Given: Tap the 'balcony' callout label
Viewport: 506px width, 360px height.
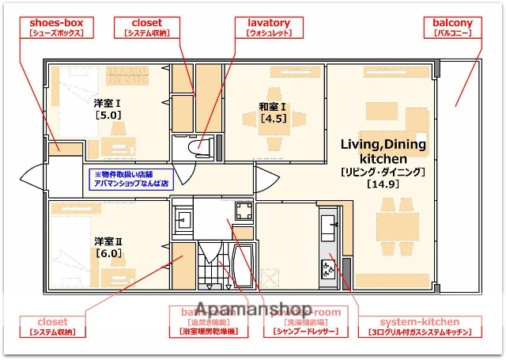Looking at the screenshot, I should coord(452,28).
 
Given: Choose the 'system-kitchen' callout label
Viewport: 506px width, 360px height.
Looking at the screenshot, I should coord(419,327).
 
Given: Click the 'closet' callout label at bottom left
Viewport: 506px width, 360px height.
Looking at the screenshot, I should coord(53,327).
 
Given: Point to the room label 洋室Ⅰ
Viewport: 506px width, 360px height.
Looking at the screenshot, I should coord(108,102).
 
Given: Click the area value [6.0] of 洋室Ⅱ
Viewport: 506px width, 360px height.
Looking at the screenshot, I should coord(108,253).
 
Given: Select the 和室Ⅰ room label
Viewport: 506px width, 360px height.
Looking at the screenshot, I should coord(272,107).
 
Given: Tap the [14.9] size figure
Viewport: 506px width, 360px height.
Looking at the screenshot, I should coord(383,184).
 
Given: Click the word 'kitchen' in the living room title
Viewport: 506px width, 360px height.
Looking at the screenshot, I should coord(383,159).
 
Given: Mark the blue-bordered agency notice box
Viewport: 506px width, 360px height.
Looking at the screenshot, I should coord(130,178).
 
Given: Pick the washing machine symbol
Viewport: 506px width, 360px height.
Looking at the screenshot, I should coord(242,210).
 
